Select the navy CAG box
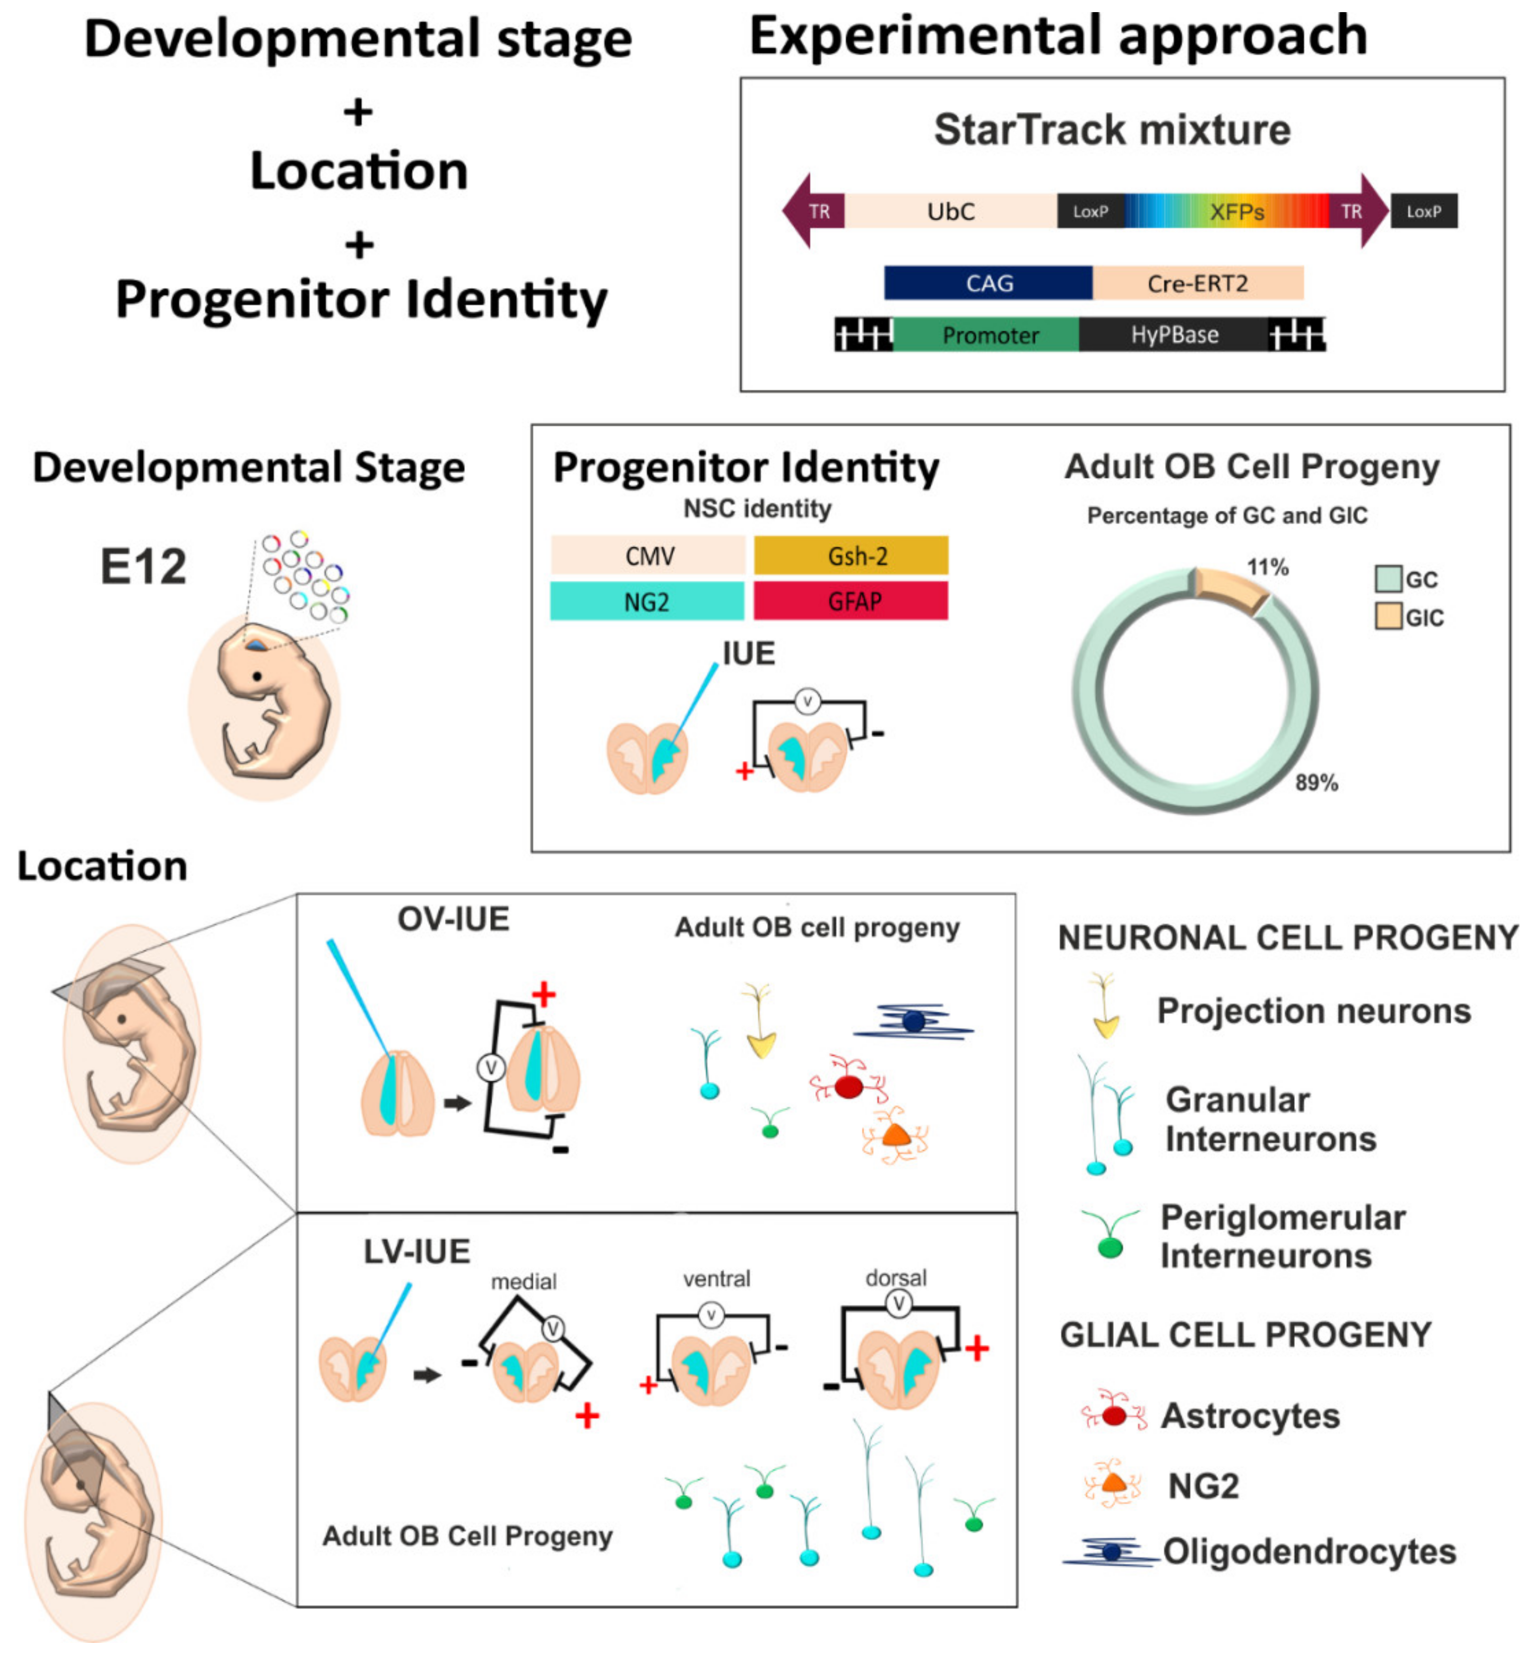click(x=988, y=283)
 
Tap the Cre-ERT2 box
click(x=1197, y=283)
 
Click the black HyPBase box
click(x=1173, y=335)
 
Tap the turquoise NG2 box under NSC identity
click(x=647, y=601)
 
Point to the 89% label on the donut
click(x=1316, y=783)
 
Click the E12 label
click(x=143, y=568)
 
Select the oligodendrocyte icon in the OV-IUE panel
click(x=913, y=1022)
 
